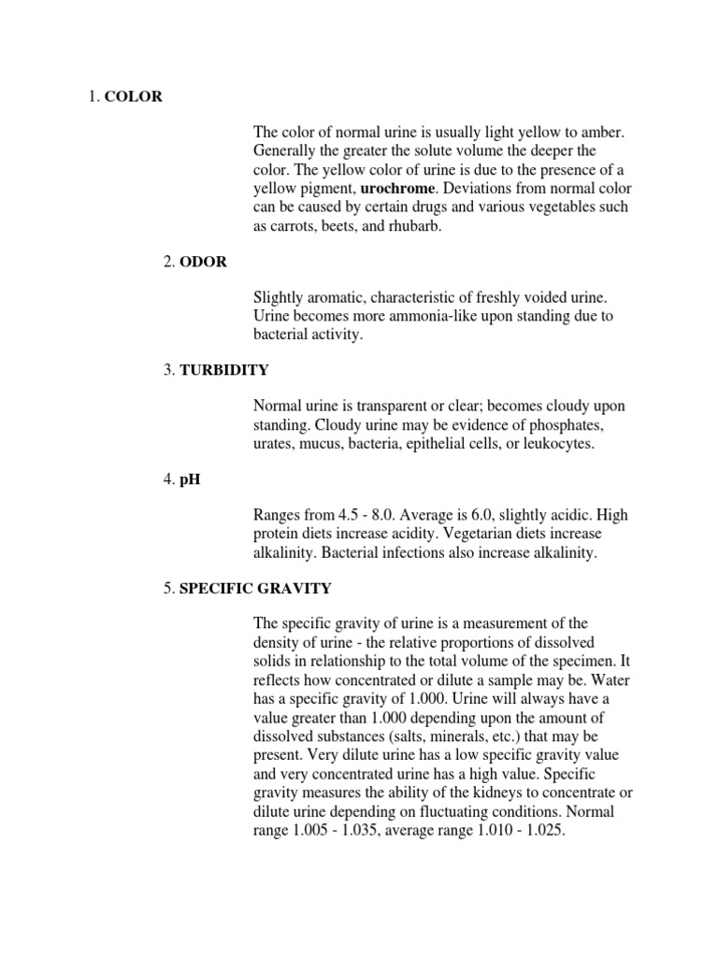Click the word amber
(x=602, y=134)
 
